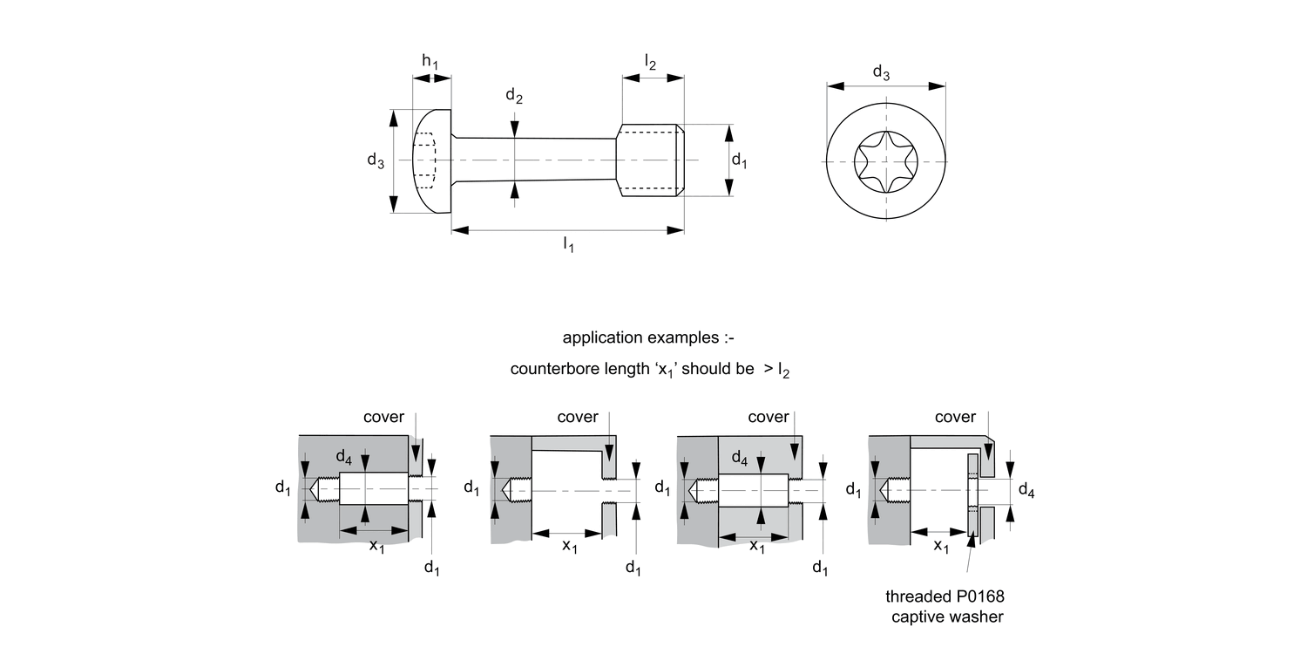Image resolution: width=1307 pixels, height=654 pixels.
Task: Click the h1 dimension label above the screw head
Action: coord(430,61)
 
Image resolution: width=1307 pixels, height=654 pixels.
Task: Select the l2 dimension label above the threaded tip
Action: coord(651,61)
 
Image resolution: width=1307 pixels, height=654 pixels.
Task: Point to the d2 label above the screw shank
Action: coord(514,97)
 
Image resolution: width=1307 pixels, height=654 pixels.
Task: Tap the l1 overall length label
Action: coord(568,245)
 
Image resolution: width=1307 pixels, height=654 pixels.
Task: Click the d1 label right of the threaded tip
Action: coord(739,160)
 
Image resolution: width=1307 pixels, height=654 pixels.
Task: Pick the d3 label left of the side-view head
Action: coord(376,160)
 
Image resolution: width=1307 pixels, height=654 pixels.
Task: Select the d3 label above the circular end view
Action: coord(882,74)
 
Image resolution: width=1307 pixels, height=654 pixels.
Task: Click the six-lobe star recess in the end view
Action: coord(887,162)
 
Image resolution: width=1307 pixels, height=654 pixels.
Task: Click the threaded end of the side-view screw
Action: coord(650,160)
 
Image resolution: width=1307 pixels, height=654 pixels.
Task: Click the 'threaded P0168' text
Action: coord(939,597)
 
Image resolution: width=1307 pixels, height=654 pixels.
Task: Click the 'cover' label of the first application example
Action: coord(383,417)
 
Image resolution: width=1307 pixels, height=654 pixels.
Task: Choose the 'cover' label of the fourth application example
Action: coord(955,417)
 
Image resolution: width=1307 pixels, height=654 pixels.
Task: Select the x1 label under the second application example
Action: coord(569,547)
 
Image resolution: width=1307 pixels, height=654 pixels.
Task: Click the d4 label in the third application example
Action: coord(739,457)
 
